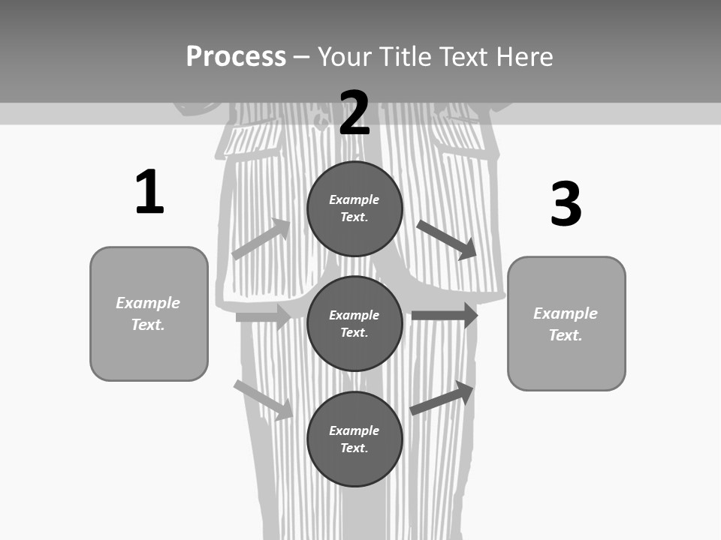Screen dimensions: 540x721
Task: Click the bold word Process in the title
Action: [x=236, y=57]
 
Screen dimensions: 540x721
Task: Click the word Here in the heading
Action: [x=523, y=57]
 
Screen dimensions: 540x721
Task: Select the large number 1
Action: [x=149, y=192]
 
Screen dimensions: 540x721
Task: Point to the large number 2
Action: [x=354, y=113]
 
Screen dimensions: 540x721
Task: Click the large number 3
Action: [x=566, y=204]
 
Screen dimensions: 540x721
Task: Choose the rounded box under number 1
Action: [x=149, y=313]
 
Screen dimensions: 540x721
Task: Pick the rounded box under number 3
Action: [x=566, y=323]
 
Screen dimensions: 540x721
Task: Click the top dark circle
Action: [x=354, y=208]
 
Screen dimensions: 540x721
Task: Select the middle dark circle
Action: [x=354, y=323]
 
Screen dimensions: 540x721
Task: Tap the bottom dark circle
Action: [x=354, y=439]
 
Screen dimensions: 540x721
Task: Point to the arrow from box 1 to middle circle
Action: [x=263, y=317]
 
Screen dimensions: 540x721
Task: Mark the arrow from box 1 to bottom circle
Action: [x=263, y=400]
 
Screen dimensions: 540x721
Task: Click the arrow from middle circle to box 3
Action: [x=445, y=315]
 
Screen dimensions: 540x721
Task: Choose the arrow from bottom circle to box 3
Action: [x=442, y=397]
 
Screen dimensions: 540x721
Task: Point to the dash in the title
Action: [x=301, y=57]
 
